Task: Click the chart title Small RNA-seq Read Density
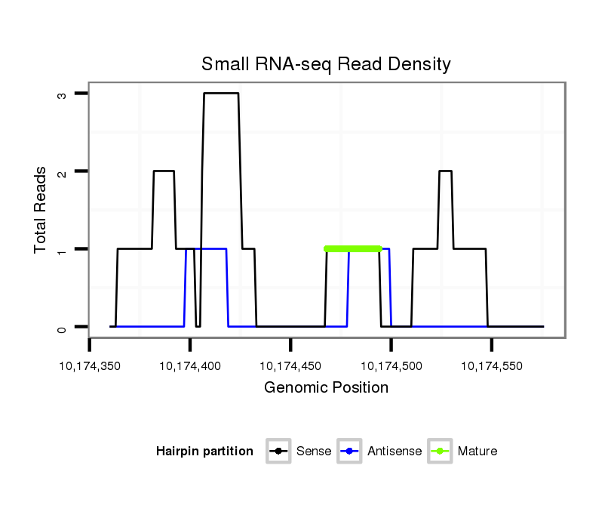[326, 64]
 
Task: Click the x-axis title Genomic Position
[326, 388]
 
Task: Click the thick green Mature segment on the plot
[353, 248]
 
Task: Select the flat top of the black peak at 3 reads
[221, 93]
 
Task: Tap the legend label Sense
[314, 452]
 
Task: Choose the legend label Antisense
[395, 452]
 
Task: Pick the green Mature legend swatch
[440, 452]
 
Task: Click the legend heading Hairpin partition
[204, 452]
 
